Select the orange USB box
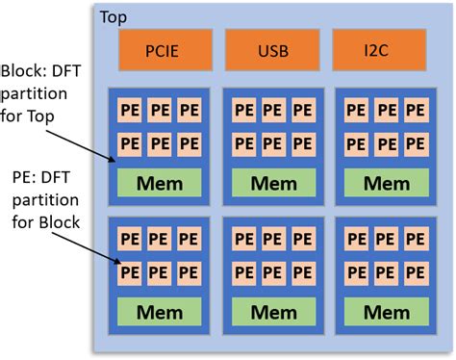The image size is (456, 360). [266, 50]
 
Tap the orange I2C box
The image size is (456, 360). [374, 50]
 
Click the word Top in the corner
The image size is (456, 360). [113, 17]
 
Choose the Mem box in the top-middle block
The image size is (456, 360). [266, 182]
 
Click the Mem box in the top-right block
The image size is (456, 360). [374, 182]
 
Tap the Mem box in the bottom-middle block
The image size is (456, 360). [266, 311]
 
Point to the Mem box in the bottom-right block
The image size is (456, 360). [374, 311]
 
